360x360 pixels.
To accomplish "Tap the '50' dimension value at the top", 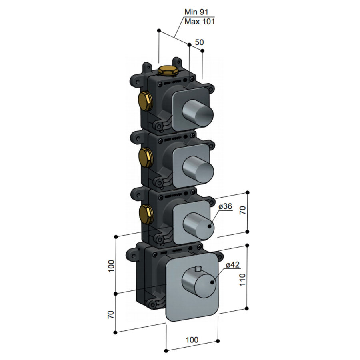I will click(199, 42).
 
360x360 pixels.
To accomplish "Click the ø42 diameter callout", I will click(232, 265).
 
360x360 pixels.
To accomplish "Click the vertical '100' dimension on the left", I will click(111, 266).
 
